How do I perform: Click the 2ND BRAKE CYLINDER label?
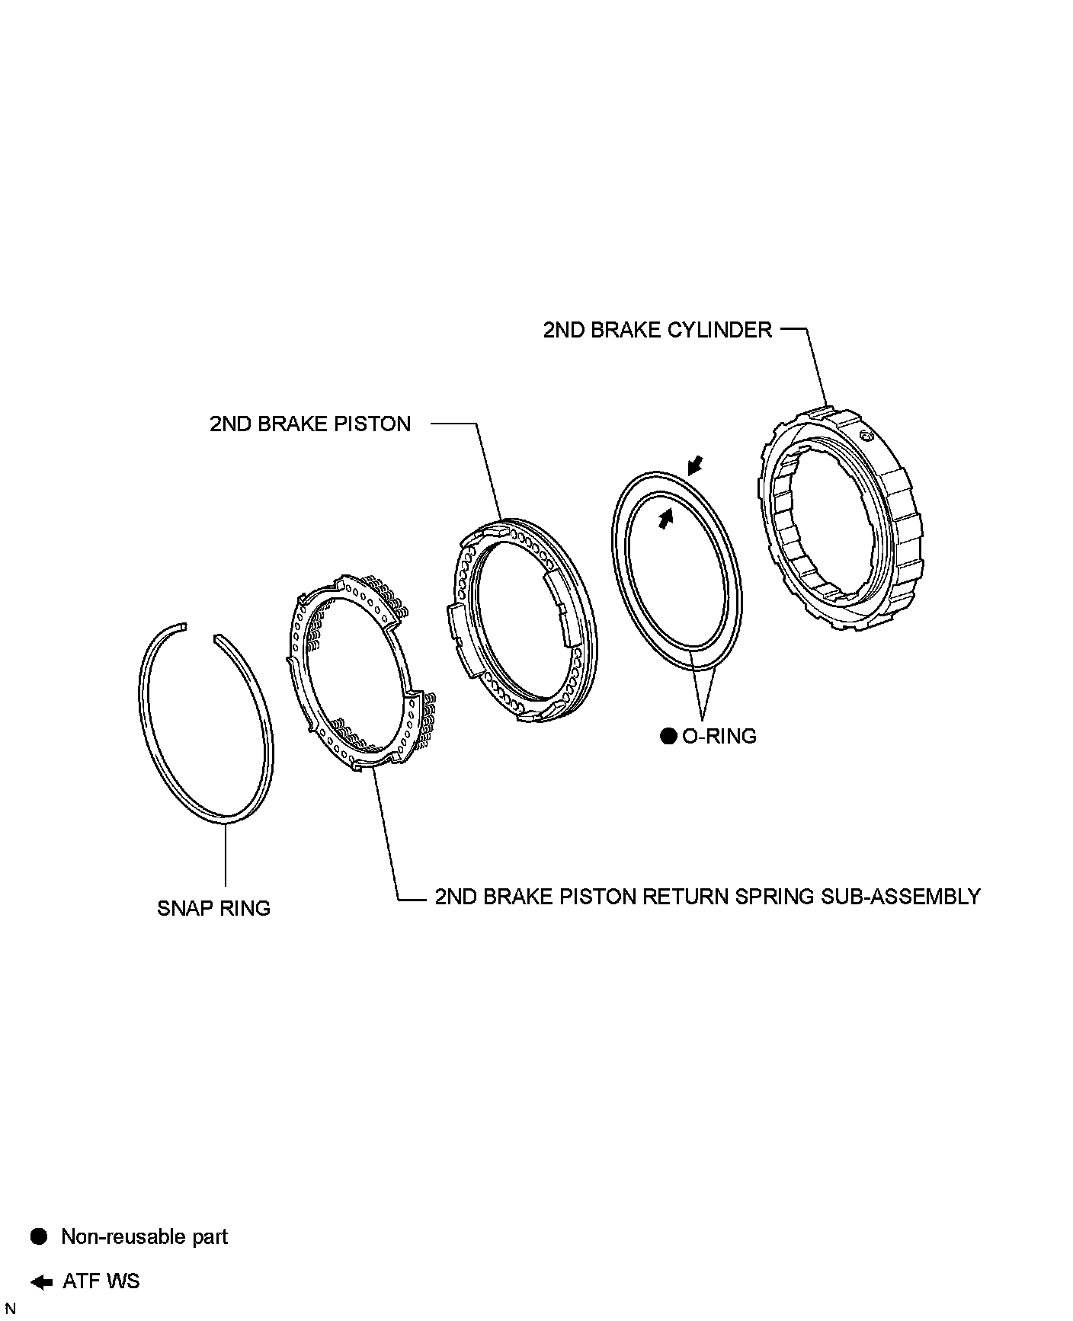tap(657, 330)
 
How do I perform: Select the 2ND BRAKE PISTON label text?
tap(310, 424)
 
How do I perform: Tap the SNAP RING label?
tap(213, 908)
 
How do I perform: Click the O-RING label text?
tap(719, 736)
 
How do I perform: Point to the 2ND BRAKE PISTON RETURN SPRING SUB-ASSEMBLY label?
tap(707, 896)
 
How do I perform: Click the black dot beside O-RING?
tap(668, 736)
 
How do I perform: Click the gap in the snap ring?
tap(200, 631)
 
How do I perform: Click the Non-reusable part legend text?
tap(144, 1236)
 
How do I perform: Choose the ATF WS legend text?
tap(101, 1281)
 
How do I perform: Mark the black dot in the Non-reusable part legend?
tap(39, 1236)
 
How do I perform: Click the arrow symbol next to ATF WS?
tap(42, 1281)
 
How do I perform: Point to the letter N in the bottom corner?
tap(10, 1309)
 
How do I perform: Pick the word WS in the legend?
tap(123, 1281)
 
